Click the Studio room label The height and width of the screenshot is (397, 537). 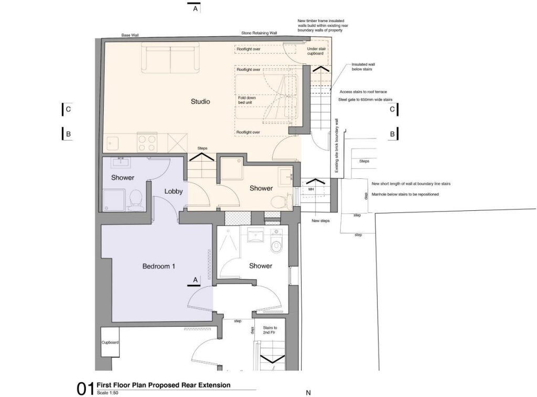[200, 101]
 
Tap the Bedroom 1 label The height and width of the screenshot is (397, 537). [158, 266]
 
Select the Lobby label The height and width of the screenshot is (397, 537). [174, 191]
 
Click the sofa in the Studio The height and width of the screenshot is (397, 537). [170, 59]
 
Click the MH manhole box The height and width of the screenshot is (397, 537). [311, 189]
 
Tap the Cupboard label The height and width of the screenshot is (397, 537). [110, 342]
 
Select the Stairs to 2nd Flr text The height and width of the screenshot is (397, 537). [270, 330]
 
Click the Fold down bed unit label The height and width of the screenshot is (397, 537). [246, 100]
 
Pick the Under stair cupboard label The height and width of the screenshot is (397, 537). [316, 50]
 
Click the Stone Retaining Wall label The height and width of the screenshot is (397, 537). [259, 33]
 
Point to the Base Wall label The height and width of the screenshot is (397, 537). [130, 35]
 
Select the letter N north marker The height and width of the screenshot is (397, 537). [308, 392]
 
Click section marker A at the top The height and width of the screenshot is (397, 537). [195, 9]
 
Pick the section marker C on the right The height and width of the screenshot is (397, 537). [392, 110]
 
